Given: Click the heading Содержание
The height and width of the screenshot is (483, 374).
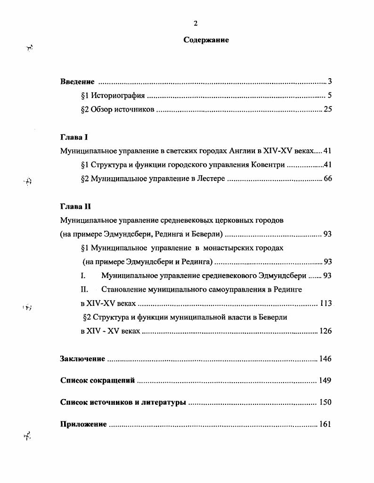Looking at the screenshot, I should point(206,41).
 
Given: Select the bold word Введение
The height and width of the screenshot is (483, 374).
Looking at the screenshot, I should point(78,82).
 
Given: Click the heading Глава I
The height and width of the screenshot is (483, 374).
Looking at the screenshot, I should point(74,138).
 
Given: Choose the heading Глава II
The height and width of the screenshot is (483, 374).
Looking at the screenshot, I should point(75,206).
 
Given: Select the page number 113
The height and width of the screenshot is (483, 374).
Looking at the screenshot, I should point(325,303).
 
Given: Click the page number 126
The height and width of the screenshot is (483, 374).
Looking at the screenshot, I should point(325,331).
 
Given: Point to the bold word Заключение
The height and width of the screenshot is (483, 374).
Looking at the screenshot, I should point(82,359).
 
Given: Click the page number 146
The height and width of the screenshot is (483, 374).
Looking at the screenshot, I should point(325,359).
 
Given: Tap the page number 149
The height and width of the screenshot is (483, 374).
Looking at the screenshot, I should point(325,380).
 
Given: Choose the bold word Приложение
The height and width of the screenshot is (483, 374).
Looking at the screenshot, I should point(83,424).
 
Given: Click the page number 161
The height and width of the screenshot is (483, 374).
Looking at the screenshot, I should point(325,424).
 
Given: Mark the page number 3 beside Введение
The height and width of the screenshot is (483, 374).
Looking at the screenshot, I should point(330,82).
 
